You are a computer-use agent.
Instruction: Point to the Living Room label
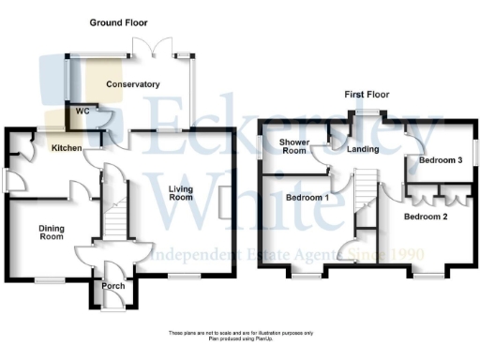tap(180, 193)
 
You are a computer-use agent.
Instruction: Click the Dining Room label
tap(51, 232)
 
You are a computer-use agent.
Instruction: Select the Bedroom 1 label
tap(307, 199)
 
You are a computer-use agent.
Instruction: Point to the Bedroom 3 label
tap(440, 160)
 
